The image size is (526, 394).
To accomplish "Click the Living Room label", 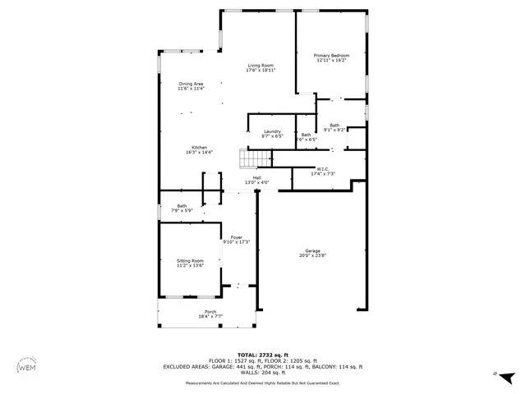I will [x=261, y=66].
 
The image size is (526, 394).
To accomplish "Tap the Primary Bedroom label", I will [x=331, y=56].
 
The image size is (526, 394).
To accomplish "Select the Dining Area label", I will [x=191, y=84].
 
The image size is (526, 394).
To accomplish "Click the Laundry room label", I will [x=273, y=131].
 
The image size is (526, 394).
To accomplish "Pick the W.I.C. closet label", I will [x=322, y=169].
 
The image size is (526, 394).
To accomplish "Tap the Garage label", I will [x=312, y=251].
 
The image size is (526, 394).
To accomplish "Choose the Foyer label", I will [x=236, y=236].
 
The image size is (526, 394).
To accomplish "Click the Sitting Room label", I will [x=190, y=260].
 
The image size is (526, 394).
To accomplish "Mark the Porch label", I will [x=210, y=312].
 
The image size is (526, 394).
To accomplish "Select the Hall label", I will [x=256, y=177].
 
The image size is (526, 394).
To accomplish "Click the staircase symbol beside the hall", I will [x=249, y=158].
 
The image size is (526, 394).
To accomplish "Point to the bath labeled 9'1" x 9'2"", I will [x=335, y=125].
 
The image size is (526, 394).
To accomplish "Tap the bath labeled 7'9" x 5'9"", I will [x=182, y=206].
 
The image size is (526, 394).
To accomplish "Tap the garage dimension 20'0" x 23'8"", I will [x=312, y=255].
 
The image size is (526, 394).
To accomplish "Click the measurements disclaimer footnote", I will [x=262, y=383].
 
